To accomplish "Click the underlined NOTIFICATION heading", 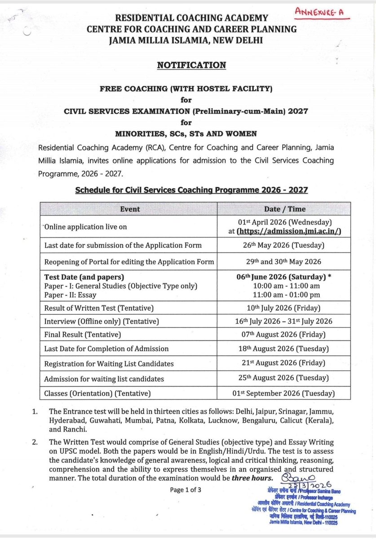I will coord(191,65).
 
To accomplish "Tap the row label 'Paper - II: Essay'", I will coord(71,295).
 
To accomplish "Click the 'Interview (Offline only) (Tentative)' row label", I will coord(102,322).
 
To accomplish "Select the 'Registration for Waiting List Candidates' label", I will coord(109,364).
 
